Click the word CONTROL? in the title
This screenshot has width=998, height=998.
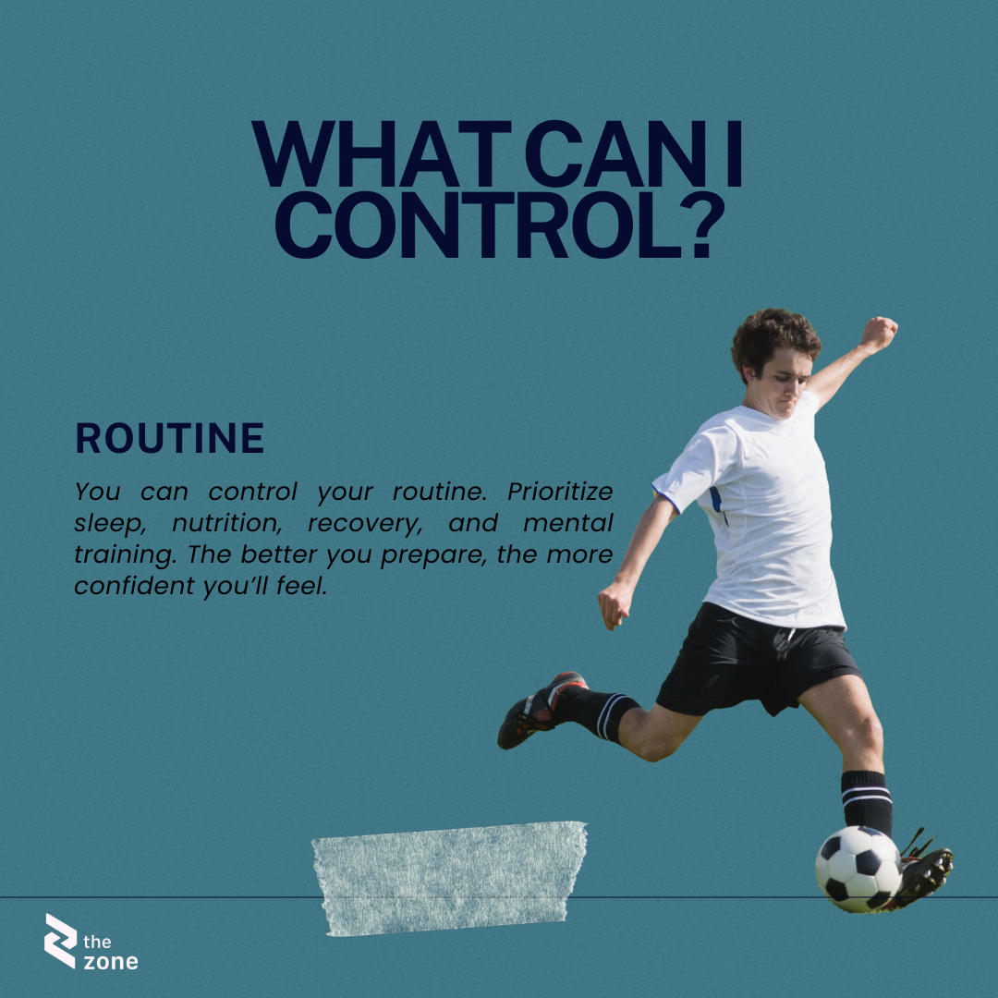tap(499, 225)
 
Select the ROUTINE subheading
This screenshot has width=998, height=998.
tap(169, 438)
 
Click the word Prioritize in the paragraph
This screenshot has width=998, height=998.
tap(559, 492)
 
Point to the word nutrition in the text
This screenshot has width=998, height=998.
tap(227, 523)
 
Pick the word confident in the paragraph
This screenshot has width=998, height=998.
tap(134, 586)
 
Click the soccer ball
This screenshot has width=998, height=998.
tap(858, 869)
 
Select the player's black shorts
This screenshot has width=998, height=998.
tap(758, 662)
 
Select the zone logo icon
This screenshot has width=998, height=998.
tap(60, 941)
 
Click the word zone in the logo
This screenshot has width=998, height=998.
tap(111, 961)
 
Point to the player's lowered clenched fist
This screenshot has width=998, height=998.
tap(615, 603)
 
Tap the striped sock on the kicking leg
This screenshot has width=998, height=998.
tap(866, 802)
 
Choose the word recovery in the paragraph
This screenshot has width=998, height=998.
tap(365, 523)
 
